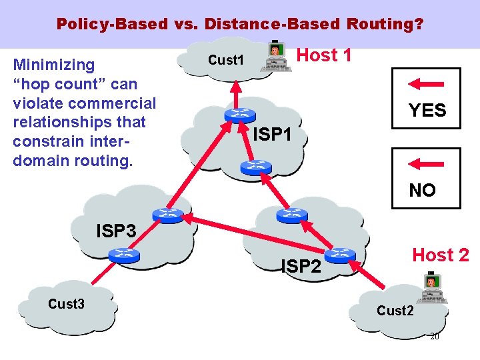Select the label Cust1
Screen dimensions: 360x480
pyautogui.click(x=224, y=60)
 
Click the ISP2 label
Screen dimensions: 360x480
pyautogui.click(x=301, y=267)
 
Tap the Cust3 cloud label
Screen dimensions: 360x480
pyautogui.click(x=66, y=304)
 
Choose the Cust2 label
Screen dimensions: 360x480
pyautogui.click(x=395, y=311)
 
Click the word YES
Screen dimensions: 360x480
pyautogui.click(x=427, y=111)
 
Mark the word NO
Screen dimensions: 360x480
pyautogui.click(x=422, y=191)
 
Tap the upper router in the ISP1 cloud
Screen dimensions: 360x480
pyautogui.click(x=235, y=115)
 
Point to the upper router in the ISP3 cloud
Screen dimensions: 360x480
pyautogui.click(x=165, y=214)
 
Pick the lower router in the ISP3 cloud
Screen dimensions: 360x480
pyautogui.click(x=123, y=254)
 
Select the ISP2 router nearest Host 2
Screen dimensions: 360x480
pyautogui.click(x=341, y=255)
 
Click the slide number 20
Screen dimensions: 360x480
pyautogui.click(x=434, y=337)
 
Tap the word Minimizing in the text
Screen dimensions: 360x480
pyautogui.click(x=54, y=65)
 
